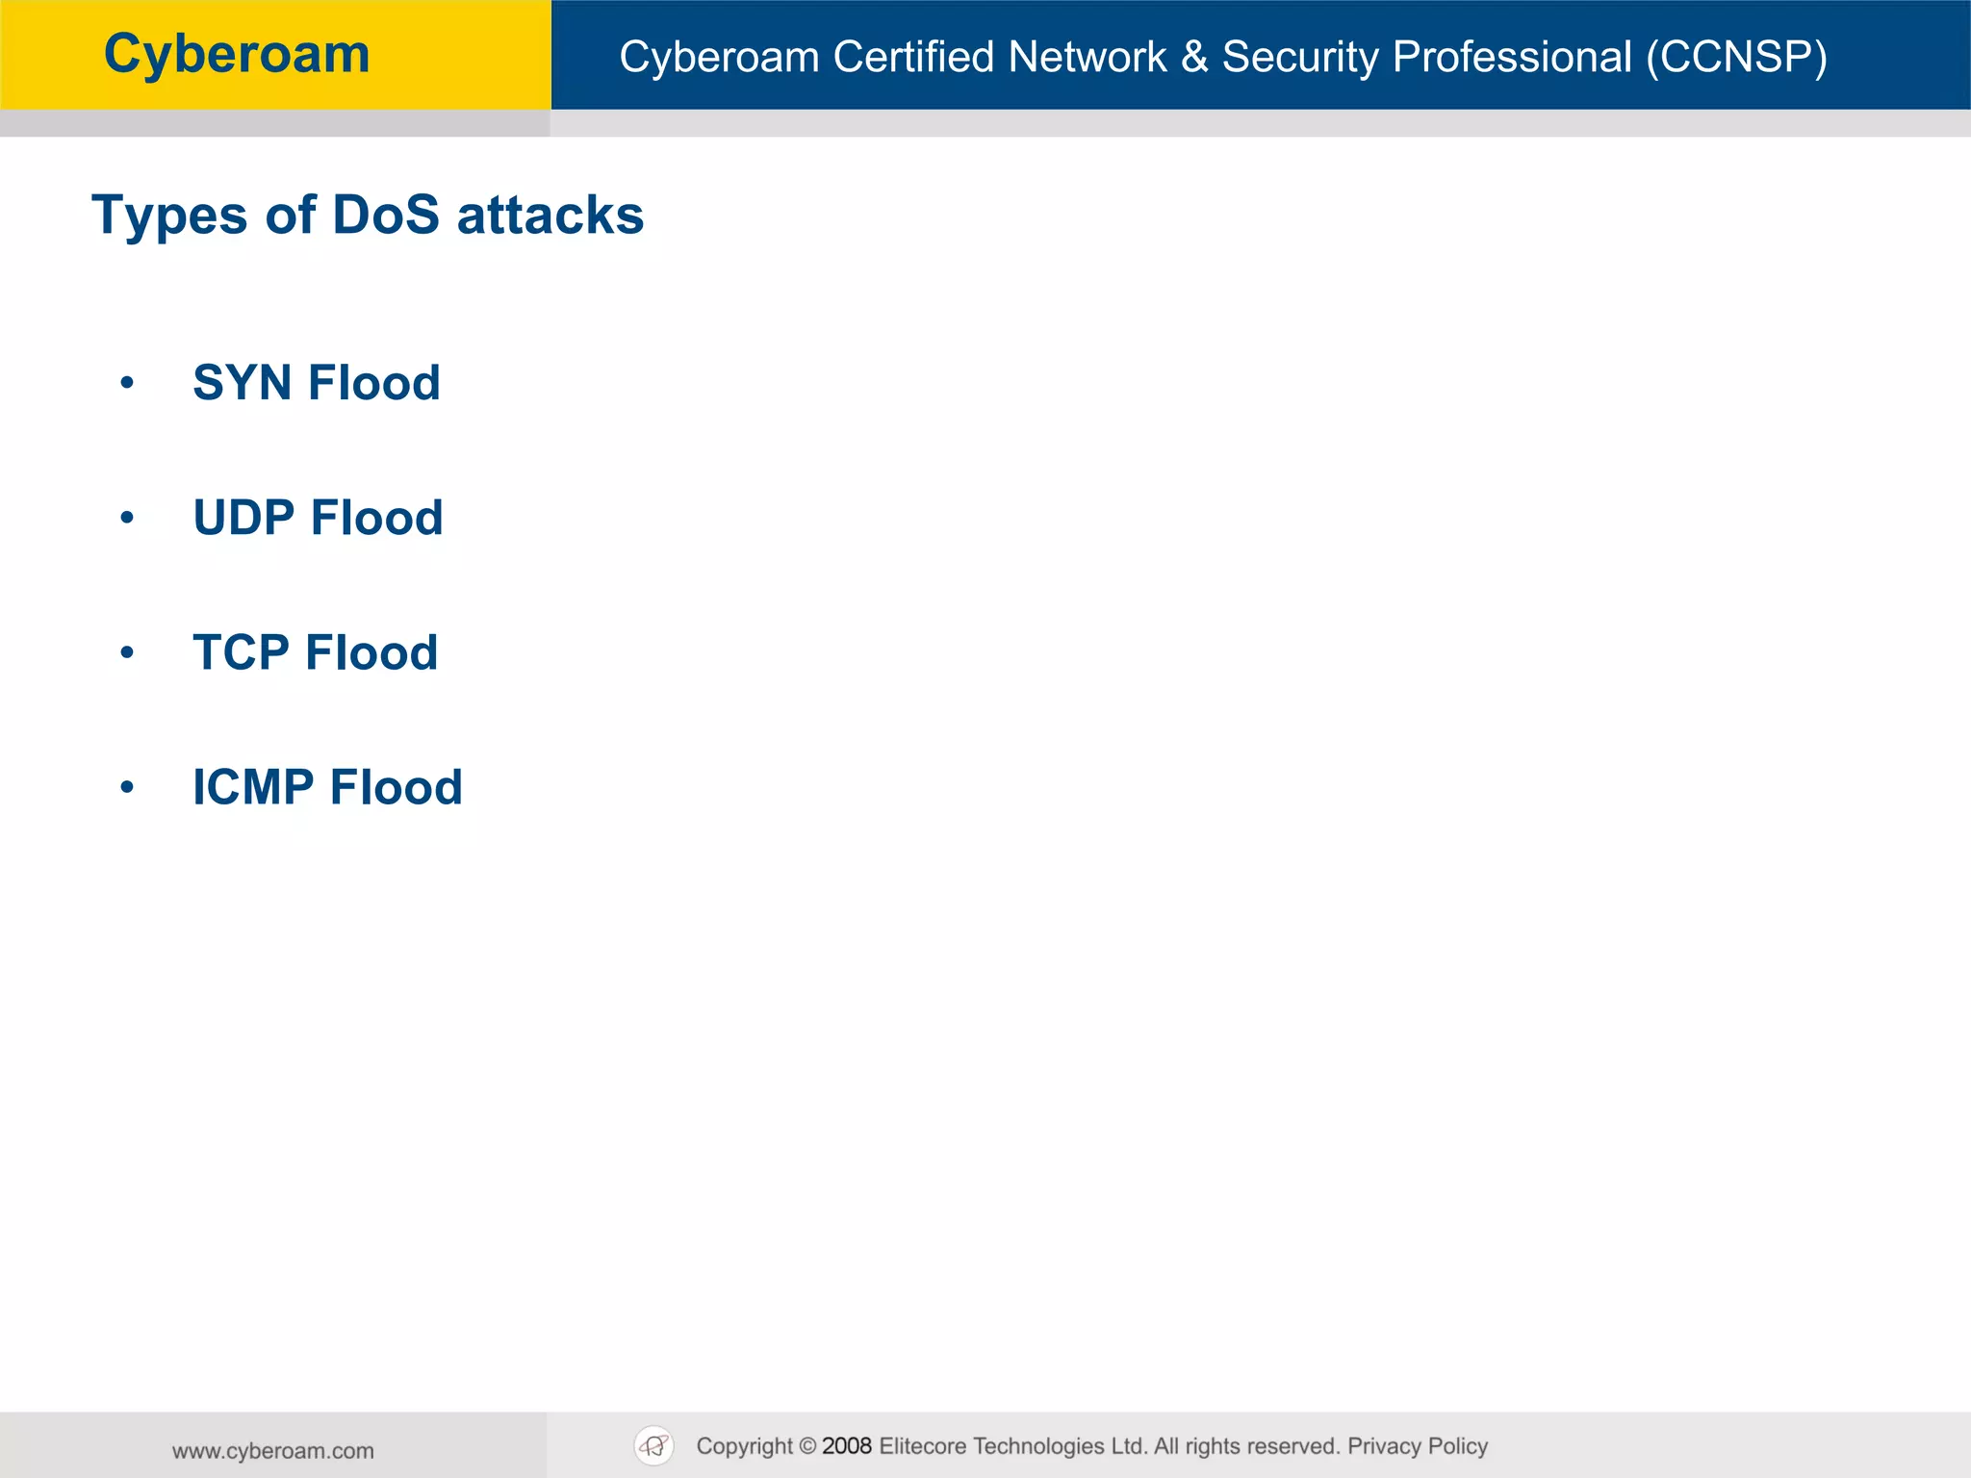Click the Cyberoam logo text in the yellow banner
tap(237, 54)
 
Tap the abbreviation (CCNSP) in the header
tap(1736, 57)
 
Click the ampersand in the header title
tap(1194, 57)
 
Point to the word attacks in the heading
tap(550, 215)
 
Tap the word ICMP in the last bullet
tap(253, 787)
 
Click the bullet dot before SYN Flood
tap(127, 383)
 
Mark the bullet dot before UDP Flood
tap(127, 518)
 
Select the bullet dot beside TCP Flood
tap(127, 652)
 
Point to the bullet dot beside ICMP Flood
tap(127, 787)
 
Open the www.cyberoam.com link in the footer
tap(273, 1451)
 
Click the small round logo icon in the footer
tap(654, 1445)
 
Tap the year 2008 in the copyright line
tap(847, 1446)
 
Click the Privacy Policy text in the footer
tap(1418, 1446)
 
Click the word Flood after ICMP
tap(396, 787)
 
